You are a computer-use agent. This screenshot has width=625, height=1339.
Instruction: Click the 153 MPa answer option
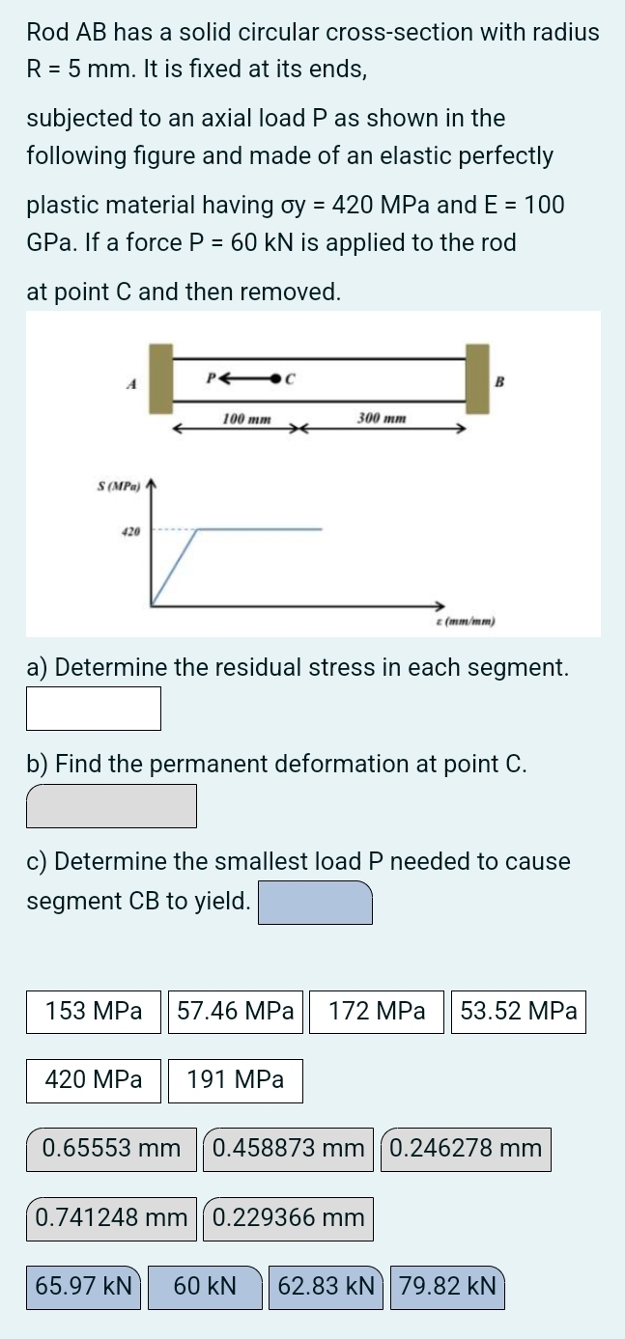point(94,1012)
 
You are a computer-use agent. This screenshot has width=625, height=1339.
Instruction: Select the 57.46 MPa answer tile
point(237,1012)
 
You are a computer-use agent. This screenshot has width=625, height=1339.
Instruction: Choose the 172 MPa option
point(377,1012)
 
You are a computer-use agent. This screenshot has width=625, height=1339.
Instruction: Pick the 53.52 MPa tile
point(519,1012)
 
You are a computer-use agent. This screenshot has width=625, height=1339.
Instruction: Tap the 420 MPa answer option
point(94,1080)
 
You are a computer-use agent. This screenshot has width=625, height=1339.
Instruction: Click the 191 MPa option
point(236,1080)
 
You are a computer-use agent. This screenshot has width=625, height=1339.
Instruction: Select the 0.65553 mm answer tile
point(112,1149)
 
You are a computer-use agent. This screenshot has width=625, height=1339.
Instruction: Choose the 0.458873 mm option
point(288,1149)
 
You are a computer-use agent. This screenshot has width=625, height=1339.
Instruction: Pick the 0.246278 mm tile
point(467,1149)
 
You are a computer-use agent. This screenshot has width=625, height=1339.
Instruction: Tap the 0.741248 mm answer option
point(112,1218)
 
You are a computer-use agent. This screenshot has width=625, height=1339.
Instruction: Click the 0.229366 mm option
point(288,1218)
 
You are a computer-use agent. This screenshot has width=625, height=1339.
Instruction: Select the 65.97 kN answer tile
point(84,1287)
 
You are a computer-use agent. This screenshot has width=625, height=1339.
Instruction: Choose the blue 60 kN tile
point(205,1287)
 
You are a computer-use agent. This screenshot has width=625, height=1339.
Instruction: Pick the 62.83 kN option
point(327,1287)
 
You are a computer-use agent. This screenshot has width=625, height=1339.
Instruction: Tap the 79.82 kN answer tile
point(447,1287)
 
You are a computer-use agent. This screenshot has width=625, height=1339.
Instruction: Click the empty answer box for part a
point(94,709)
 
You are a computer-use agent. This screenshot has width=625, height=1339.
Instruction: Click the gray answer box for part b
point(112,806)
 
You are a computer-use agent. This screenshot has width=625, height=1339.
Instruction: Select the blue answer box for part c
point(316,903)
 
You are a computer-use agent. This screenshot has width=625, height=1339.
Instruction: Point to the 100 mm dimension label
point(246,419)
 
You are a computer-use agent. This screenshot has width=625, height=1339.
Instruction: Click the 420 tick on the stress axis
point(130,530)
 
